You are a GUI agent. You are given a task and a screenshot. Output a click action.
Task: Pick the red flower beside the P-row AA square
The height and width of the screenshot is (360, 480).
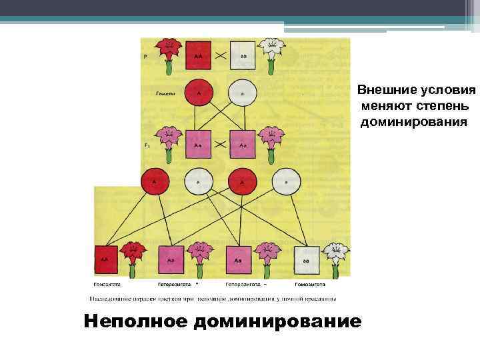pos(168,52)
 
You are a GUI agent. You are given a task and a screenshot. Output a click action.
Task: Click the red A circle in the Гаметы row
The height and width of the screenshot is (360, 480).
pos(199,93)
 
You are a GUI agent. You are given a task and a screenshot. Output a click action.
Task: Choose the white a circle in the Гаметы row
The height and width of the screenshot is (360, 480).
pos(242,93)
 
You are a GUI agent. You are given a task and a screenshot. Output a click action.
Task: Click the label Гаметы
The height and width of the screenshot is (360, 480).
pos(165,94)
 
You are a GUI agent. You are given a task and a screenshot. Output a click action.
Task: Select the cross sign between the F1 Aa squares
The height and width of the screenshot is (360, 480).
pos(220,143)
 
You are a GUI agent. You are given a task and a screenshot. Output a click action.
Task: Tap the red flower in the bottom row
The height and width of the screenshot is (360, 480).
pos(133,257)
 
